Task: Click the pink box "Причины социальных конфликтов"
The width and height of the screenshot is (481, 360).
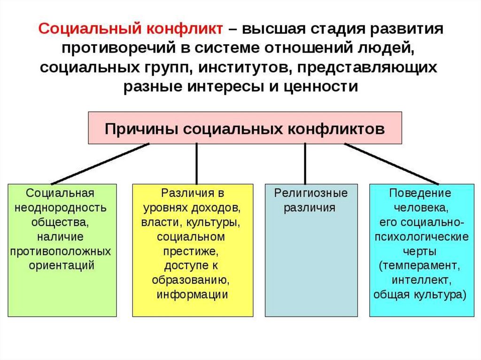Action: pos(245,128)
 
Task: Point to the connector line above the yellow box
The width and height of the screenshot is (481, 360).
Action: pos(196,164)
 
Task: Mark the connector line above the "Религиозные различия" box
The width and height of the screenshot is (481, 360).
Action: pos(305,164)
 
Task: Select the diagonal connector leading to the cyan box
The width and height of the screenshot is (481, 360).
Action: pos(393,164)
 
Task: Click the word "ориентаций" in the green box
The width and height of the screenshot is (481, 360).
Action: pos(62,265)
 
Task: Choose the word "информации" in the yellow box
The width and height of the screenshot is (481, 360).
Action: pos(193,294)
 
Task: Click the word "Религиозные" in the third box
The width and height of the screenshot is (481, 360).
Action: pos(311,193)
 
